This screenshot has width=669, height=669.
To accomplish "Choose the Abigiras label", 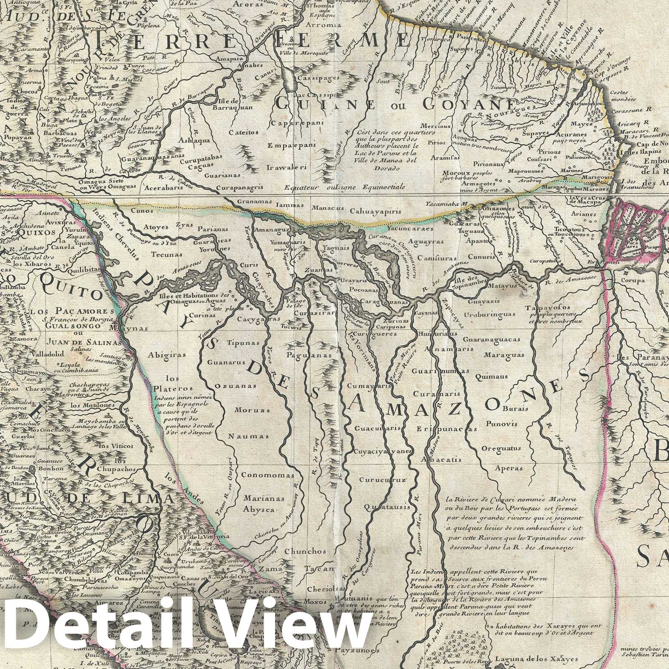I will click(x=161, y=353).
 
